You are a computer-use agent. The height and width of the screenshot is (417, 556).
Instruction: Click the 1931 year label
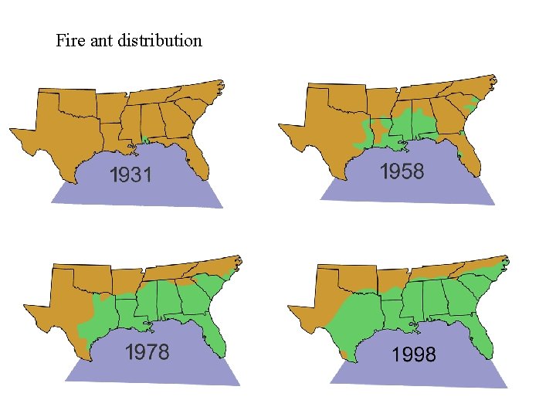pyautogui.click(x=130, y=176)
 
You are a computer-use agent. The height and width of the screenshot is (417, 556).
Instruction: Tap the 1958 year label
pyautogui.click(x=402, y=171)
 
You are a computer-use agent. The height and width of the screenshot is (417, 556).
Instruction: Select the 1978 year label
pyautogui.click(x=147, y=352)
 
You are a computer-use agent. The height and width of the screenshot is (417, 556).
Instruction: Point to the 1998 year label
pyautogui.click(x=414, y=355)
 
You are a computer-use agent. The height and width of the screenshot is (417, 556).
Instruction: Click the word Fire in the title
pyautogui.click(x=68, y=40)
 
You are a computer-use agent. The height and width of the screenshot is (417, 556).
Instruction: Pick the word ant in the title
pyautogui.click(x=100, y=40)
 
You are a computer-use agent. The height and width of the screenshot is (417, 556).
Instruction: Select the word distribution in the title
pyautogui.click(x=160, y=40)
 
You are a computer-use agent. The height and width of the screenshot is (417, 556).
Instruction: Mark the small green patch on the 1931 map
pyautogui.click(x=146, y=140)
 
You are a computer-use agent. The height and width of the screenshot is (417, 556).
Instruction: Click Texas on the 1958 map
pyautogui.click(x=332, y=139)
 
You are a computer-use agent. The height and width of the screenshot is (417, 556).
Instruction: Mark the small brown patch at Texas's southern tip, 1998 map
pyautogui.click(x=343, y=354)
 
